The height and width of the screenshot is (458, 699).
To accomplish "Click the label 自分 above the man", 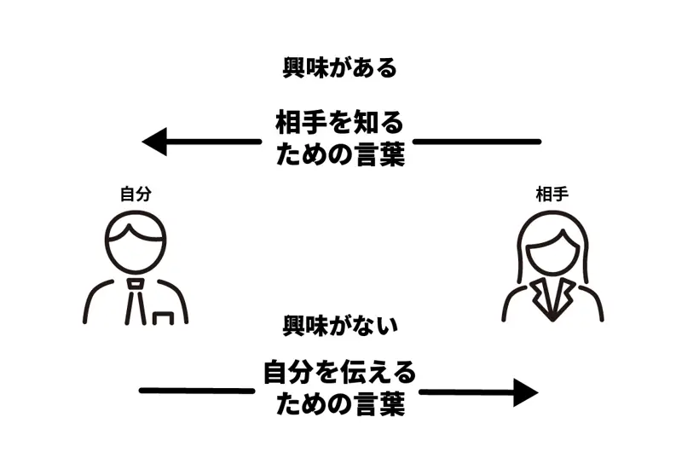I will [x=136, y=194].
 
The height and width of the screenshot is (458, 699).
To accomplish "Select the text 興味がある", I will [x=340, y=68].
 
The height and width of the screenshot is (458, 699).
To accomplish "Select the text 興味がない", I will [x=340, y=325].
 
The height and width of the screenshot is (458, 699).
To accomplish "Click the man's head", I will [x=136, y=241].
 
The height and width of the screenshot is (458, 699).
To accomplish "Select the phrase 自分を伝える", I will [x=339, y=373].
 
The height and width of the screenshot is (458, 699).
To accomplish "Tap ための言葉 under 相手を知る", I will [x=338, y=156].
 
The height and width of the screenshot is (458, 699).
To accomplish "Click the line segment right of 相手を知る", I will [x=477, y=141].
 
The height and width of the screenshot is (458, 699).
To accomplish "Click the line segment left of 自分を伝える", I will [x=196, y=391].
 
